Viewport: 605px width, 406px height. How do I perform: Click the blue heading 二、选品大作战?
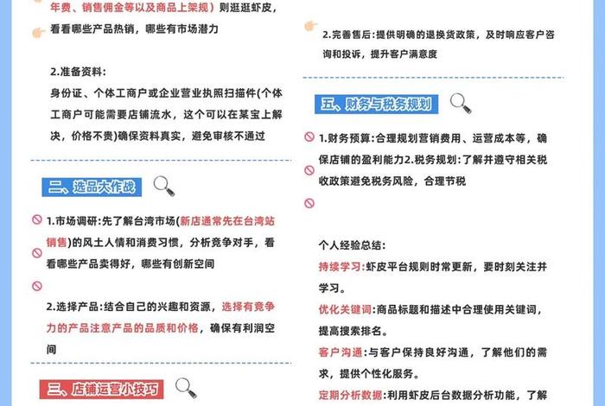click(x=92, y=187)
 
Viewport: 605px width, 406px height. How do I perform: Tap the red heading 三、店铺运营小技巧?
click(x=101, y=389)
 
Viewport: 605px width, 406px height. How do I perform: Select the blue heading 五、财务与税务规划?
click(x=376, y=105)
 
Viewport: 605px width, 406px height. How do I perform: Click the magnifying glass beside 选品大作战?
click(x=164, y=187)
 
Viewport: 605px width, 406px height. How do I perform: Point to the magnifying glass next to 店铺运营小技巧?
click(x=186, y=388)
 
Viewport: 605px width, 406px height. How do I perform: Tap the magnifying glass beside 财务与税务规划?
click(x=461, y=104)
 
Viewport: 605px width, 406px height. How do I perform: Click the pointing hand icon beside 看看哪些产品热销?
click(x=39, y=32)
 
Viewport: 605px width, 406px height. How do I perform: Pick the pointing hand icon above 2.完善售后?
click(x=310, y=25)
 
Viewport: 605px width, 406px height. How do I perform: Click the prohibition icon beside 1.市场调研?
click(x=37, y=219)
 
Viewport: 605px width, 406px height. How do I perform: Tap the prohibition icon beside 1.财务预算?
click(x=309, y=136)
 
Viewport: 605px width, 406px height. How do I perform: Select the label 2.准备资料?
click(x=78, y=72)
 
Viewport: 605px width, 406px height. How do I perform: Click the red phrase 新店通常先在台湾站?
click(x=227, y=221)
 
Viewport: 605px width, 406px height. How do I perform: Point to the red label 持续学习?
click(x=342, y=266)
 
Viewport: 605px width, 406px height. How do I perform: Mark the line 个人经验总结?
click(x=352, y=245)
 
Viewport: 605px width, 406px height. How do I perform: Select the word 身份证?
click(x=66, y=93)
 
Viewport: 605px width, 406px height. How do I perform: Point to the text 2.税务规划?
click(x=433, y=159)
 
